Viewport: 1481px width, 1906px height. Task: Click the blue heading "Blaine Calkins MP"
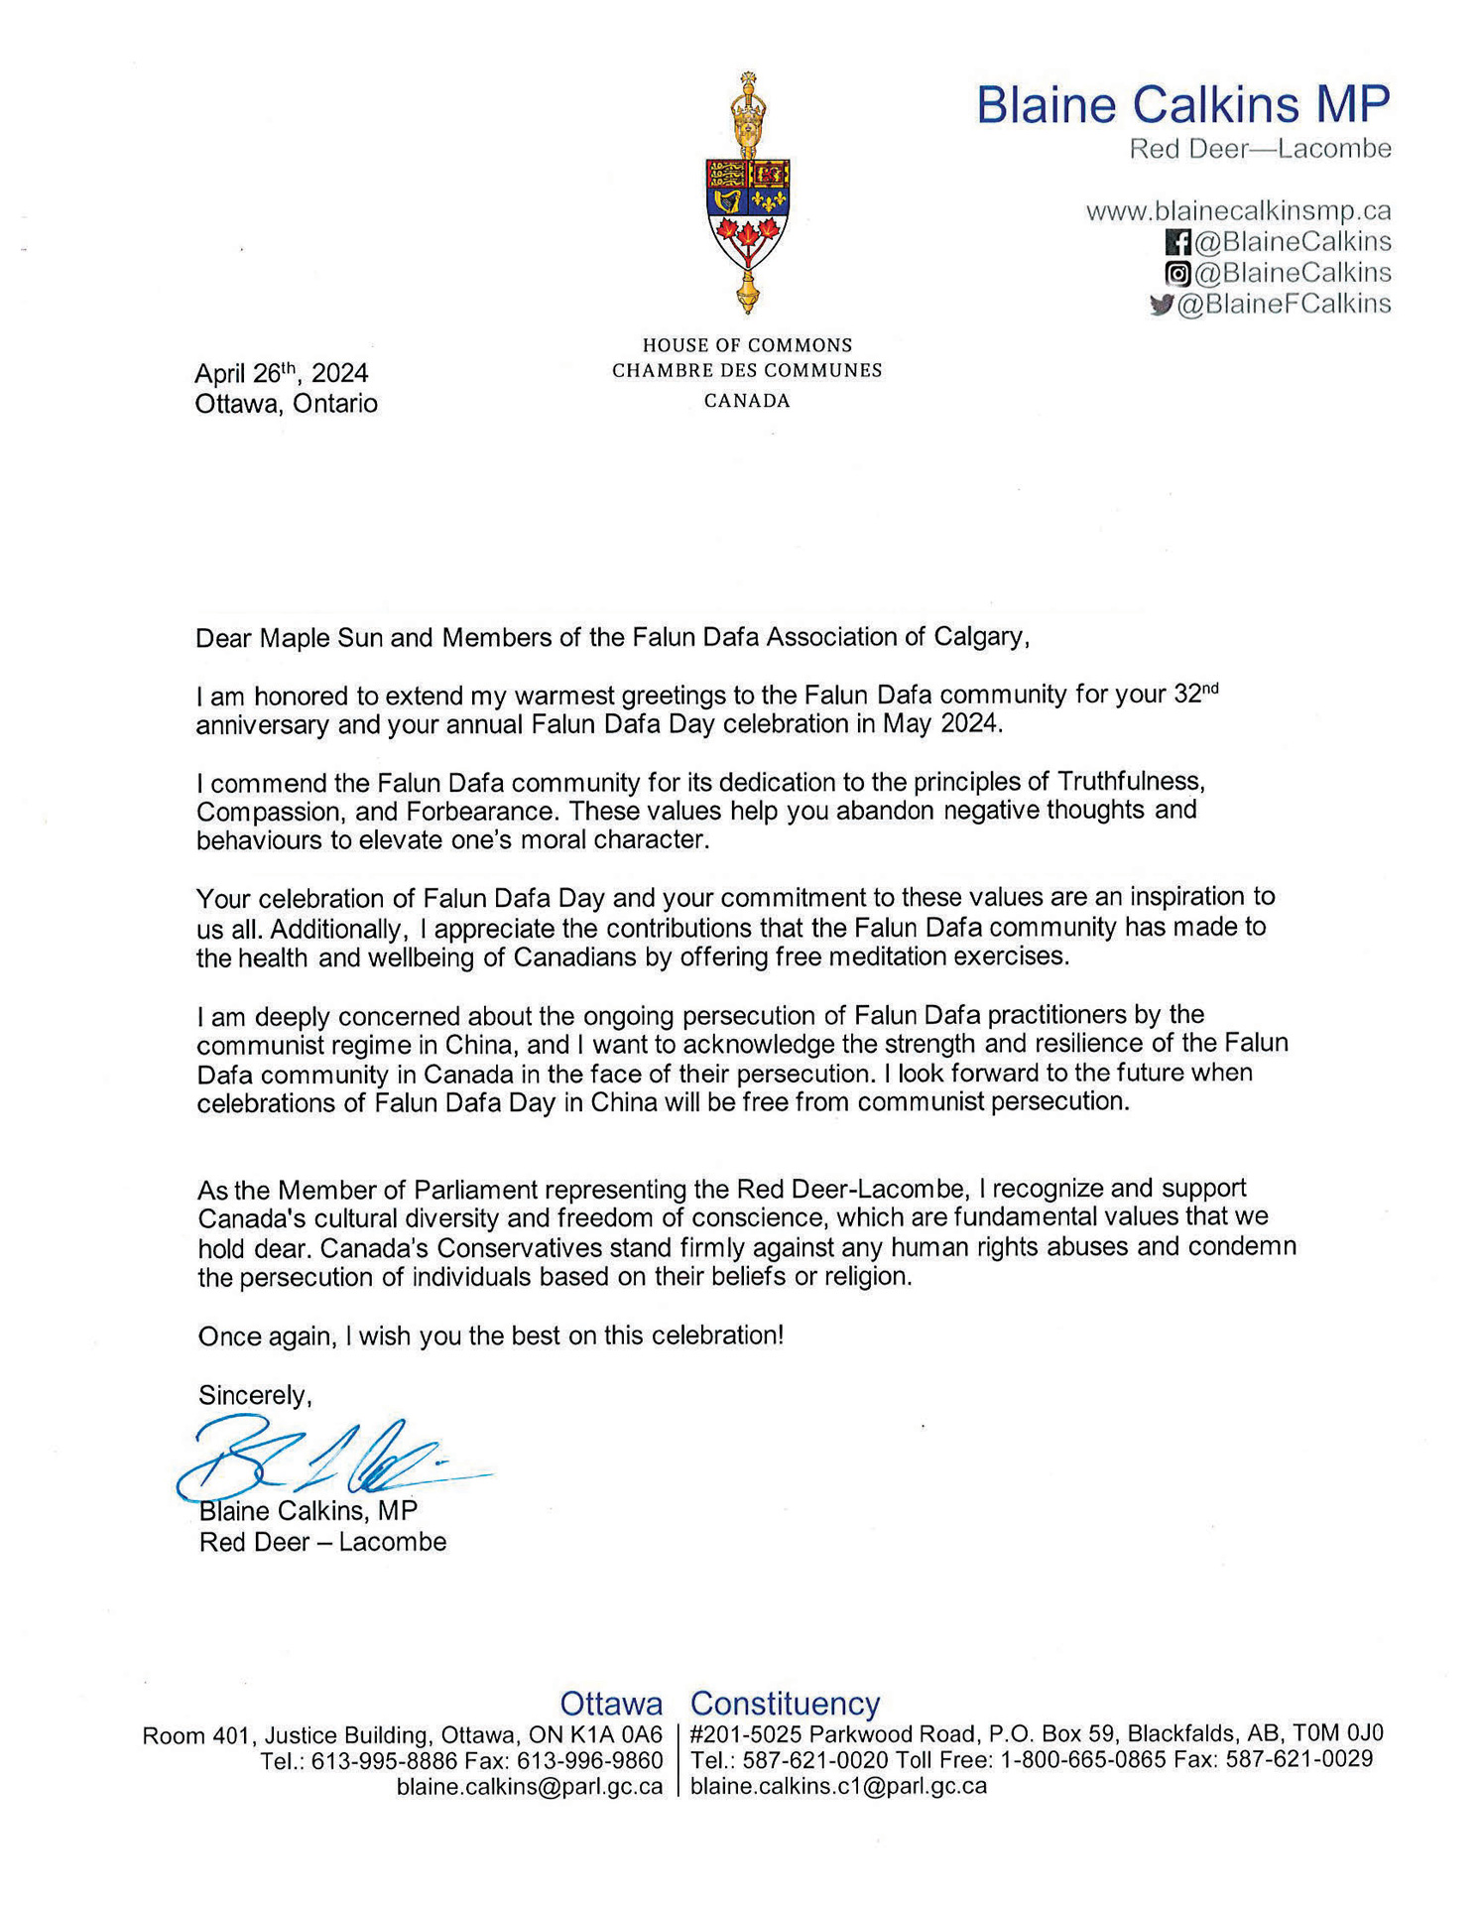1182,104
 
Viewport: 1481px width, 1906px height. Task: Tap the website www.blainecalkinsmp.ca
1238,210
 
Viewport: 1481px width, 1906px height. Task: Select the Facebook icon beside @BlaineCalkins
1177,242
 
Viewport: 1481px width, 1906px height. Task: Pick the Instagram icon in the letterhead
1177,273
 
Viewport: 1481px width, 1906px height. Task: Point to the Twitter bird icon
1161,305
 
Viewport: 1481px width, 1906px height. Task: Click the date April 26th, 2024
281,373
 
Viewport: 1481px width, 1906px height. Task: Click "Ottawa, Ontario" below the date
286,404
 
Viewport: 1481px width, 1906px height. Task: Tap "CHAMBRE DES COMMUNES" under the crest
746,371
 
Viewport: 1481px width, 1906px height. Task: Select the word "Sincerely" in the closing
254,1395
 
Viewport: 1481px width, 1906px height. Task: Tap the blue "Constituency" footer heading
785,1703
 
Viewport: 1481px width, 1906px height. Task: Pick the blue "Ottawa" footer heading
611,1703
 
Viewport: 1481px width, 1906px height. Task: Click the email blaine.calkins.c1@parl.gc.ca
838,1786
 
